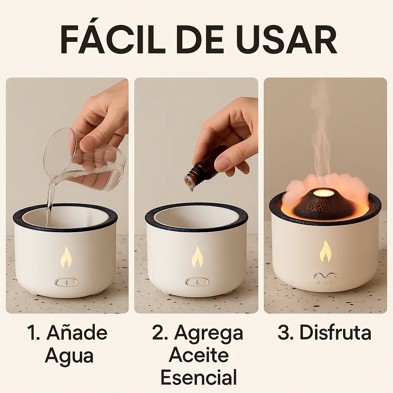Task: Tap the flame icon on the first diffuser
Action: tap(66, 258)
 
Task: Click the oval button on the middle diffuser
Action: tap(197, 282)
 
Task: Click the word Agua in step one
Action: tap(69, 356)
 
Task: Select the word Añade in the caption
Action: tap(77, 333)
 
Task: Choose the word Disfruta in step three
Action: tap(335, 333)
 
